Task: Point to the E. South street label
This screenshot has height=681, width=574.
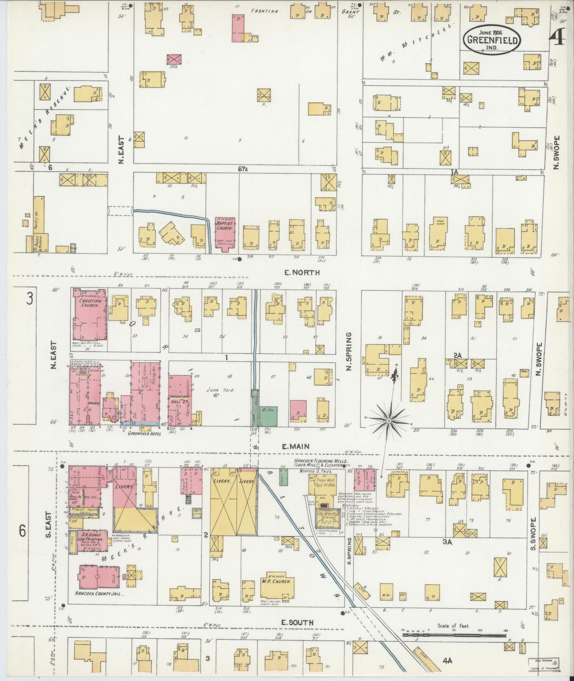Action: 298,622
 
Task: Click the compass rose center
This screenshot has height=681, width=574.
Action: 389,420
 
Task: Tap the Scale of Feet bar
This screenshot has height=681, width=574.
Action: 454,635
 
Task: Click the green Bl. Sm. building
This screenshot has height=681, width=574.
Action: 269,416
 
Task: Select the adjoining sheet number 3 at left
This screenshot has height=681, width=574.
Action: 29,298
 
